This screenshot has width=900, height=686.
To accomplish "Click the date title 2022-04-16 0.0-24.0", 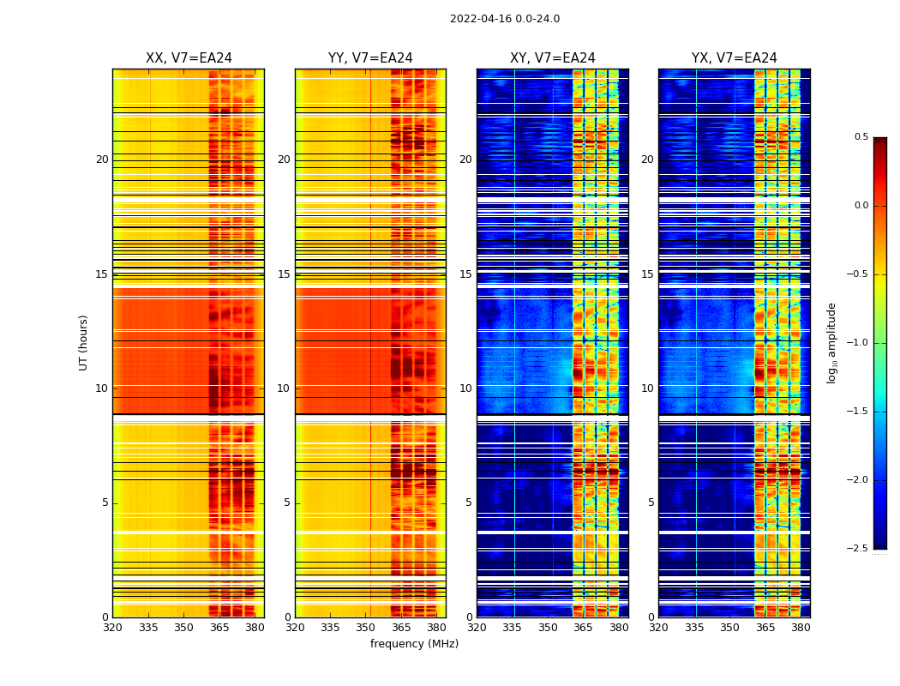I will (505, 19).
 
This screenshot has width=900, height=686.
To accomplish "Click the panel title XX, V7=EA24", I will (189, 58).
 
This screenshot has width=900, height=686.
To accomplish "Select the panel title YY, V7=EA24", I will (370, 58).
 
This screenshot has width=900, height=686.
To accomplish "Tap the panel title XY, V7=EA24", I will (553, 58).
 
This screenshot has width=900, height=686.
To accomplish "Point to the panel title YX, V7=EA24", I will (735, 58).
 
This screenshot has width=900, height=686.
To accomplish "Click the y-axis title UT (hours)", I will (84, 342).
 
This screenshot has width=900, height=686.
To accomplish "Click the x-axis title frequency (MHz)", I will (414, 644).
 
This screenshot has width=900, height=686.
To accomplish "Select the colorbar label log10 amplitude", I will (831, 342).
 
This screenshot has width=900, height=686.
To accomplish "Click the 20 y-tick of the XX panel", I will (102, 159).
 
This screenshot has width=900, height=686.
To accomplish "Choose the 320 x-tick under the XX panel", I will (112, 628).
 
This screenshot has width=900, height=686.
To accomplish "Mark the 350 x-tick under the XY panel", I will (549, 628).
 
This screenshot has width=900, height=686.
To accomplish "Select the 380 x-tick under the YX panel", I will (801, 628).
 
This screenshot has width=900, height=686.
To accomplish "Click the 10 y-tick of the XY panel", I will (465, 388).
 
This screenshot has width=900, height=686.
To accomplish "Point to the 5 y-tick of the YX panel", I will (651, 502).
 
